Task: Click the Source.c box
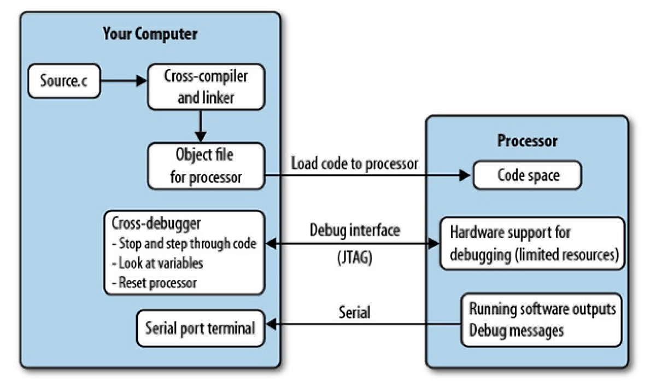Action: (x=64, y=81)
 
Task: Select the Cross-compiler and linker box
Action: (x=206, y=87)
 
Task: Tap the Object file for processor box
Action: (x=206, y=166)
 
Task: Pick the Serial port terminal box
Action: (x=200, y=329)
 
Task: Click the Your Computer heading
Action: (x=150, y=34)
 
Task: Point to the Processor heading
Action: (x=527, y=140)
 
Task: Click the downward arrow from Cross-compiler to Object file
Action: (x=201, y=125)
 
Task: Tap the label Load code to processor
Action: (x=355, y=163)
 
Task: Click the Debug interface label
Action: (x=355, y=230)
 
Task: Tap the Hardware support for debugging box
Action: (x=531, y=243)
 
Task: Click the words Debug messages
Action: (x=516, y=330)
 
